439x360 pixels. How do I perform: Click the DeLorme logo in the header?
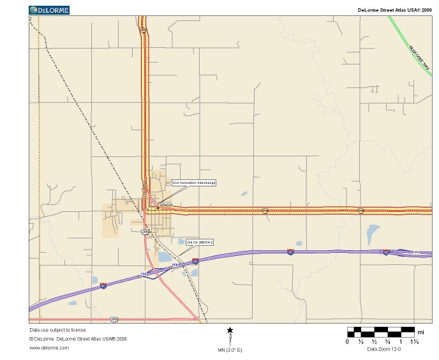[x=49, y=10]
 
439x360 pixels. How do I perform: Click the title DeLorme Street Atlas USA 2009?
[x=395, y=10]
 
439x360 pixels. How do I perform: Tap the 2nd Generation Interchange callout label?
[x=194, y=183]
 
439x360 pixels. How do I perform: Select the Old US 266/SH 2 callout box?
[x=200, y=243]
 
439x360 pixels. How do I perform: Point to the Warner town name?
[x=166, y=205]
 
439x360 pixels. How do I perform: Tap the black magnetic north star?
[x=230, y=330]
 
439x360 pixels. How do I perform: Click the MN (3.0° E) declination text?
[x=230, y=350]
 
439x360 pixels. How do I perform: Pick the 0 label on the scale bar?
[x=347, y=341]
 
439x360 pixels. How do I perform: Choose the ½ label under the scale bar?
[x=374, y=341]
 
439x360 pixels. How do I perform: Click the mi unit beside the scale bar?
[x=420, y=332]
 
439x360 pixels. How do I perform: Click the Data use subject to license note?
[x=58, y=330]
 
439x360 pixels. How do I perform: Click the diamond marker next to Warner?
[x=158, y=208]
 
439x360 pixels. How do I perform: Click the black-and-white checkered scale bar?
[x=380, y=332]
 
